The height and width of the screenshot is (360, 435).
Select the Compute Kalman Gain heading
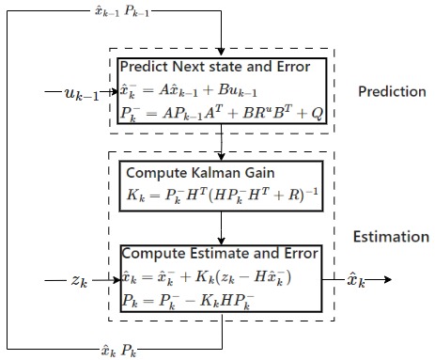tap(191, 172)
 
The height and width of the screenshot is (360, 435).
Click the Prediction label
tap(392, 91)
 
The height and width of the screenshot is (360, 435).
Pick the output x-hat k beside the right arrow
tap(352, 279)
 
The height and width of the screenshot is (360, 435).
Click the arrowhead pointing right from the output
tap(386, 279)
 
